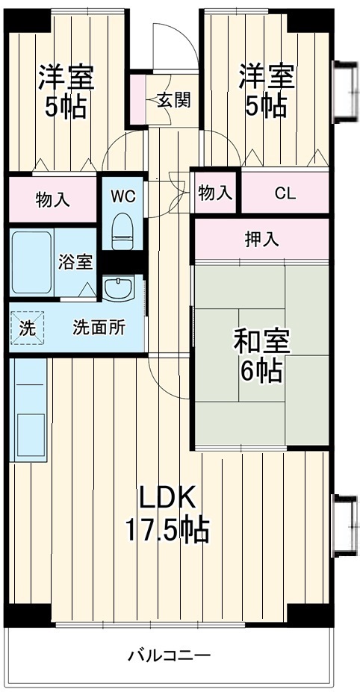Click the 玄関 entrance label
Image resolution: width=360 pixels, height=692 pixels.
click(173, 100)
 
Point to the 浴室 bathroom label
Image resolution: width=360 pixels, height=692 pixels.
click(76, 262)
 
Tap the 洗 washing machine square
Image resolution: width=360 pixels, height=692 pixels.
click(27, 328)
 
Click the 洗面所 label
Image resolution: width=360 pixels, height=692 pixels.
click(99, 327)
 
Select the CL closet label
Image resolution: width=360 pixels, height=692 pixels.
click(285, 193)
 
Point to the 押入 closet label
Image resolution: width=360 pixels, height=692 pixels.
click(261, 240)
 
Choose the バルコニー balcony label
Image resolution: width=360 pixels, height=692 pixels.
click(169, 656)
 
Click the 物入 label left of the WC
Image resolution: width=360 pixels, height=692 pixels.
click(53, 199)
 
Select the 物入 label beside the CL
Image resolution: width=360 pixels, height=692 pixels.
click(215, 193)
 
